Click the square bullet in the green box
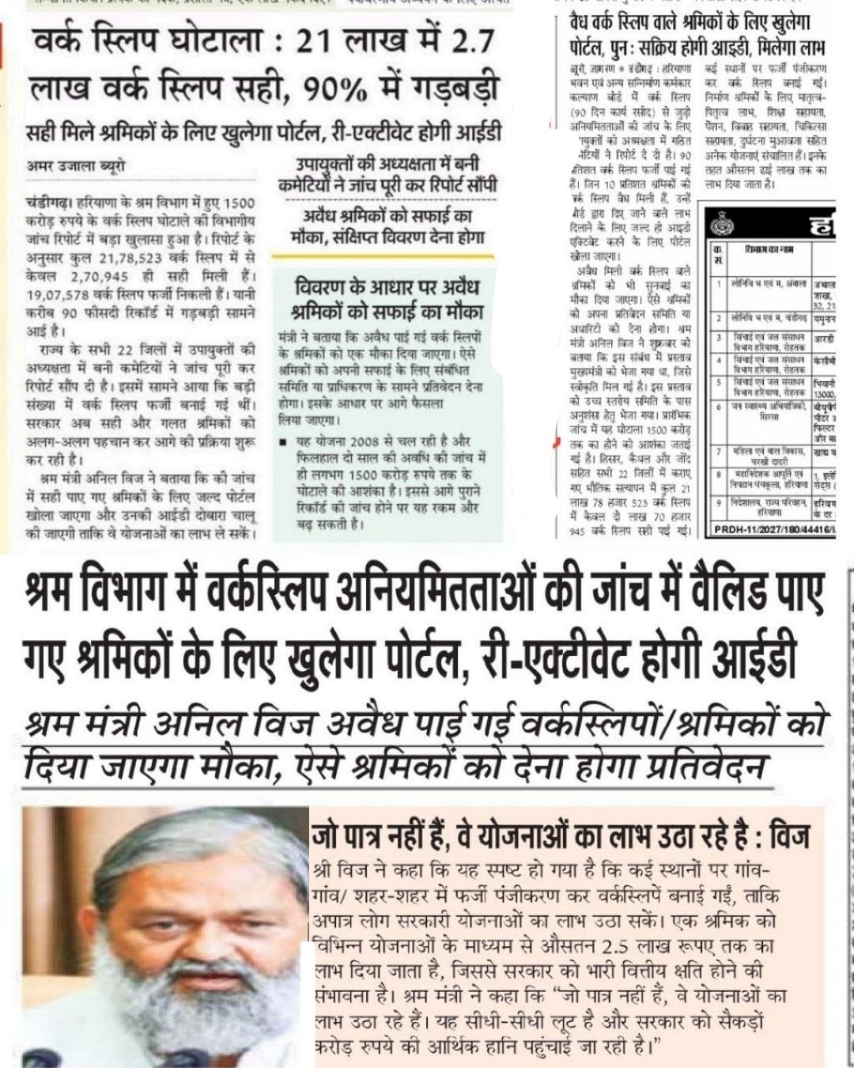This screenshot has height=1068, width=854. coord(283,441)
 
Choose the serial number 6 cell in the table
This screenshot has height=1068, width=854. coord(718,407)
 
